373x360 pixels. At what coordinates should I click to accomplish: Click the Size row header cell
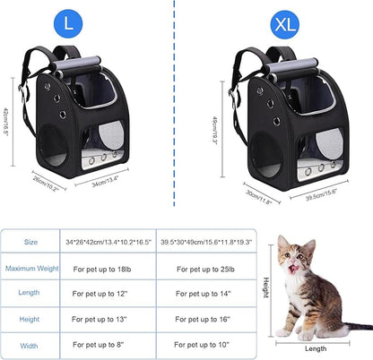coord(30,242)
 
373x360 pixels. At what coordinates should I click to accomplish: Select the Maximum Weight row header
coord(30,268)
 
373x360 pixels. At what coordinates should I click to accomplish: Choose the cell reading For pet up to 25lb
coord(207,268)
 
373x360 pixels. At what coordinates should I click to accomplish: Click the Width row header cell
coord(30,343)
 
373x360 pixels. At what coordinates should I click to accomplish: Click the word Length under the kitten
coord(317,349)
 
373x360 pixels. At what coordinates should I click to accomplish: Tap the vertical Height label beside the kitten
coord(266,287)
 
